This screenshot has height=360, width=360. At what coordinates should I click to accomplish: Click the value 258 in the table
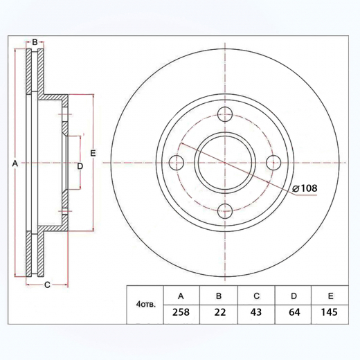point(181,313)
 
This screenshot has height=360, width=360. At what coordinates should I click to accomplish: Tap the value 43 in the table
point(255,313)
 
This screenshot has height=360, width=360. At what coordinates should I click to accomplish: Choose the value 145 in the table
point(330,313)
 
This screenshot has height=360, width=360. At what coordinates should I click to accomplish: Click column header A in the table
point(181,296)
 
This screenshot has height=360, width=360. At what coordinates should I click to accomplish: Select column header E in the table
point(330,296)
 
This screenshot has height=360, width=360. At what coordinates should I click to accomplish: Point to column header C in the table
point(255,296)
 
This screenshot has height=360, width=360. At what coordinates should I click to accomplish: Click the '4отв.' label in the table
point(146,304)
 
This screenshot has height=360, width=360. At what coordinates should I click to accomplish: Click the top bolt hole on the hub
point(225,116)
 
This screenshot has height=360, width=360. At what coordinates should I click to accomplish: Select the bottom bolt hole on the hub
point(225,211)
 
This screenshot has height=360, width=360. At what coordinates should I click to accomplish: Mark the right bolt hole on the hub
point(273,163)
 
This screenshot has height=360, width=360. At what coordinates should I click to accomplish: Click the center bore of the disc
point(225,163)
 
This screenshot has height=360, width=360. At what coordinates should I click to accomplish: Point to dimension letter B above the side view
point(35,42)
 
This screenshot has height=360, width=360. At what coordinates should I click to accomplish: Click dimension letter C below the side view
point(47,285)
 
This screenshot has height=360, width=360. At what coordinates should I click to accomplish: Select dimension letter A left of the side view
point(15,163)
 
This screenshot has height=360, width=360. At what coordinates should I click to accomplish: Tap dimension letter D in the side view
point(80,166)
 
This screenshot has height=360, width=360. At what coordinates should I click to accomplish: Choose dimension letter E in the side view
point(92,152)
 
